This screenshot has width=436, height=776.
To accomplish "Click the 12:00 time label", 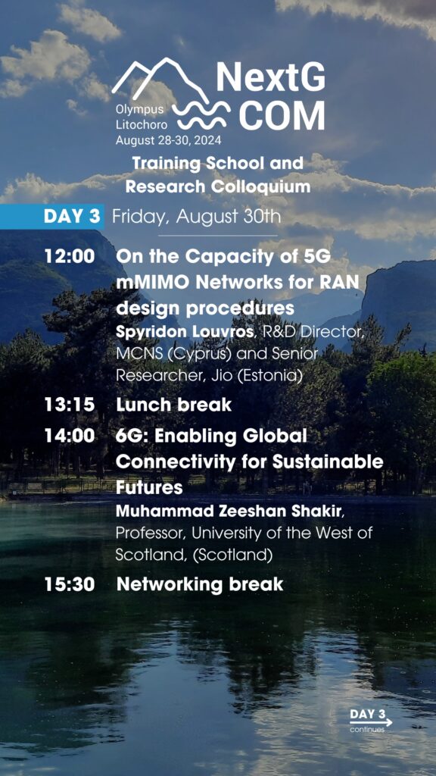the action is tap(70, 256).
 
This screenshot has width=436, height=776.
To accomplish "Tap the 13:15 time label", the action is tap(69, 405).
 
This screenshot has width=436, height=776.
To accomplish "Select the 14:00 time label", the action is tap(70, 436).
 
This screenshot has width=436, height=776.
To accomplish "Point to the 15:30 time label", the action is tap(70, 584).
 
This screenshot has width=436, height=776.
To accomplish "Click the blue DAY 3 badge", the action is tap(52, 217).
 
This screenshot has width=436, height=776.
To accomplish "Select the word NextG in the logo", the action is tap(271, 78).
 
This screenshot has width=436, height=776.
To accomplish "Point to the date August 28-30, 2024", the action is tap(169, 140).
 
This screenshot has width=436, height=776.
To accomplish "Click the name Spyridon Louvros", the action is tap(184, 333).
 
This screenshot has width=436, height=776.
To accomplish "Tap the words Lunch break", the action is tap(173, 405).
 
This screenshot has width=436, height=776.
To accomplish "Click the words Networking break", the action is tap(200, 584).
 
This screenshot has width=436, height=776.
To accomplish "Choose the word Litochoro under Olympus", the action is tap(142, 126).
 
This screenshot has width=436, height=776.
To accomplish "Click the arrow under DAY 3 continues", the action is tap(371, 722).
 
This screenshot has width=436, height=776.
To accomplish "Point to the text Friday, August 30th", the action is tap(196, 217).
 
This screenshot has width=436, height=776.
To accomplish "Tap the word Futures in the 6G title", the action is tap(149, 487).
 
